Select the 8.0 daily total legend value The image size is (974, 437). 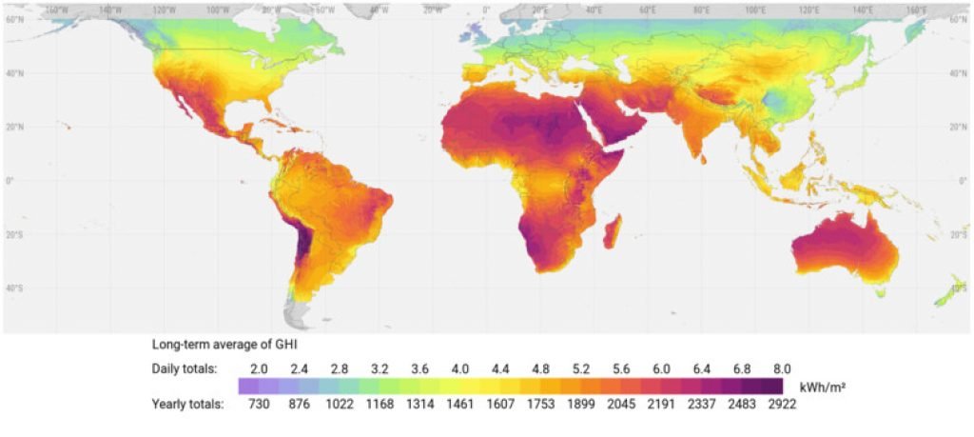click(x=782, y=367)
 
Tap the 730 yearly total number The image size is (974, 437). click(x=247, y=404)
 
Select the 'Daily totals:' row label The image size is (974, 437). click(x=185, y=367)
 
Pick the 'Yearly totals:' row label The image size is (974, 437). click(x=187, y=404)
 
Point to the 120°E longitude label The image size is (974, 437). click(x=809, y=9)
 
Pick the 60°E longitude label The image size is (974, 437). click(x=649, y=9)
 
